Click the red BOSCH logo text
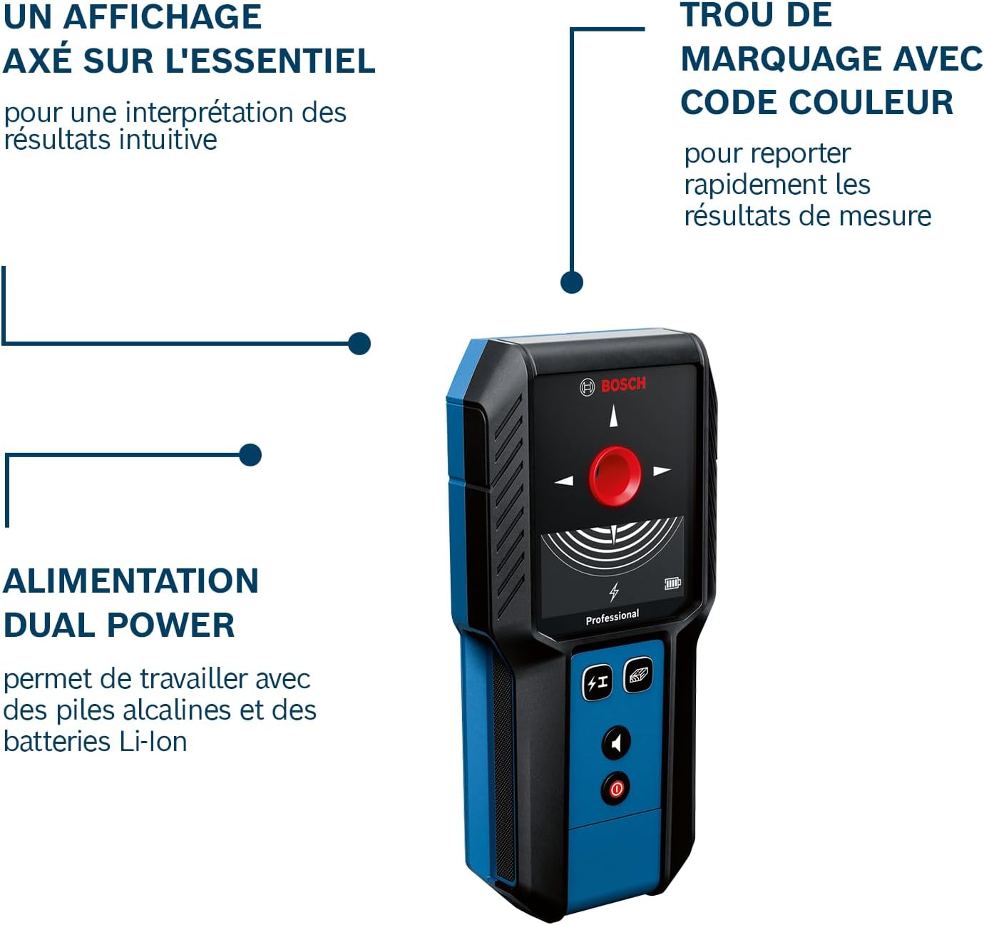622,384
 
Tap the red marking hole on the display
615,476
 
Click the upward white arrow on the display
614,415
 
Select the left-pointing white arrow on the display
564,480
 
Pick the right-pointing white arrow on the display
662,471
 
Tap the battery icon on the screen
672,583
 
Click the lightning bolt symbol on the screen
615,591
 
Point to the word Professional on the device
613,618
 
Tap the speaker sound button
616,742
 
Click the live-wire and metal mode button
597,683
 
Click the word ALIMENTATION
130,581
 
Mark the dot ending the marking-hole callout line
572,282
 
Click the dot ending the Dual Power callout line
250,454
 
